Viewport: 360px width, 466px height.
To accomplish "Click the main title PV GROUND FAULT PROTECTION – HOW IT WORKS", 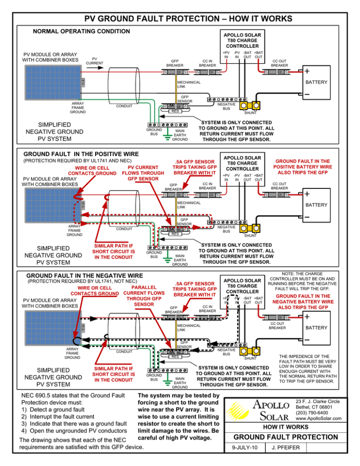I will (180, 19).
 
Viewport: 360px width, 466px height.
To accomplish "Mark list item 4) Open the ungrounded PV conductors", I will (68, 431).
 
